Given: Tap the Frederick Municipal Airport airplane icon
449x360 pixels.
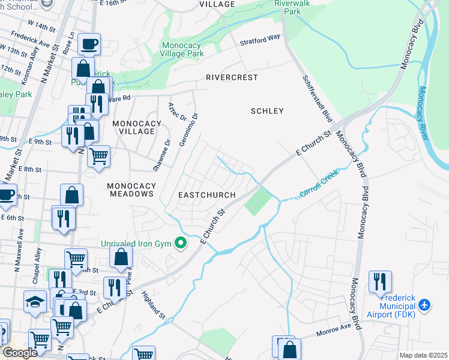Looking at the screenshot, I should (x=425, y=305).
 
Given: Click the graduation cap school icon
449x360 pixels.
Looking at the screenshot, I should (x=35, y=302).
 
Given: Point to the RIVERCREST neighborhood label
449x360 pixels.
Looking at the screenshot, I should (x=232, y=78).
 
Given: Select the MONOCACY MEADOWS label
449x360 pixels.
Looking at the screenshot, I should (x=130, y=190).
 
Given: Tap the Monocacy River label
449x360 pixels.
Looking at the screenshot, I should (x=423, y=114).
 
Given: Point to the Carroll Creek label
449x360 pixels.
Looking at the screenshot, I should (x=319, y=184).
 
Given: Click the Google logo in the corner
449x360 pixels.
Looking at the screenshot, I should (x=20, y=353).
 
